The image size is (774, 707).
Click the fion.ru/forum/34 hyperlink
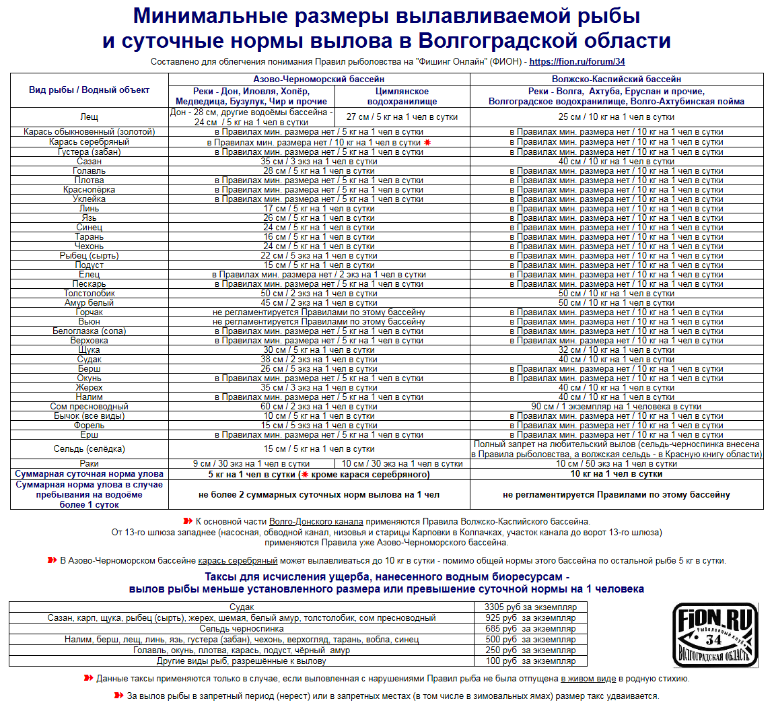click(x=577, y=62)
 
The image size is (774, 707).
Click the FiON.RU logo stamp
click(x=715, y=635)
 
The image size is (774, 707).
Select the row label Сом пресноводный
click(x=90, y=406)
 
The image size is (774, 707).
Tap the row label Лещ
click(x=90, y=116)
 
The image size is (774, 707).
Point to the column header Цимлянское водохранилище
click(x=402, y=96)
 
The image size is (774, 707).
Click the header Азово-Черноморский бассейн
click(x=319, y=79)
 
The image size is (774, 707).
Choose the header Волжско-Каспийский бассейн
click(x=616, y=79)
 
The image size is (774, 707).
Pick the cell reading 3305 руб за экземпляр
click(x=530, y=607)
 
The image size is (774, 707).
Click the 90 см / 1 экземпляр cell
click(x=616, y=406)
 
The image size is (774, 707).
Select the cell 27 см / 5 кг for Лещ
click(x=402, y=116)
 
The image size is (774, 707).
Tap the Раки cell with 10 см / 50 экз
click(x=616, y=463)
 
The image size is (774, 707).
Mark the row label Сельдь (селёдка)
click(x=90, y=448)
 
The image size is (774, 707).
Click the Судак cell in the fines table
click(x=242, y=607)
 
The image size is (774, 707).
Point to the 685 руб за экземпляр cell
click(x=530, y=628)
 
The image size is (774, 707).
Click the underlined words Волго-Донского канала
click(x=316, y=521)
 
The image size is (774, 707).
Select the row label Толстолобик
click(x=90, y=293)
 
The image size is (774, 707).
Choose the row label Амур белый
click(x=90, y=302)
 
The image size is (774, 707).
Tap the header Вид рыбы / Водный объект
click(x=90, y=90)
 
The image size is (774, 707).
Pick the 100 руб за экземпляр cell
click(x=530, y=661)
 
